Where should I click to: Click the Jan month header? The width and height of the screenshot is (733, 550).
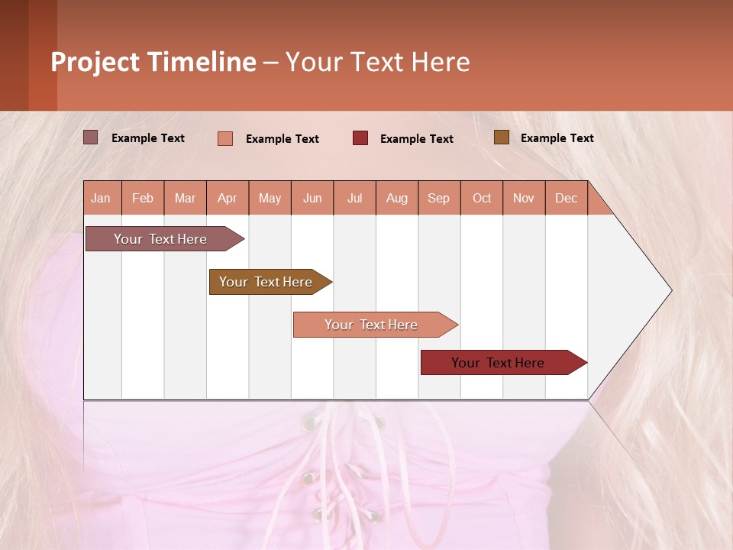(x=101, y=199)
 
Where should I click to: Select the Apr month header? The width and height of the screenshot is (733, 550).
(x=228, y=199)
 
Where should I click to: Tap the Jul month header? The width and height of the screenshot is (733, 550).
(x=355, y=199)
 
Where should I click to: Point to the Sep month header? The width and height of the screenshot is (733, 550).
(x=439, y=199)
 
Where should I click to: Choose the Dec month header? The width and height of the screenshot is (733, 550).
(x=567, y=199)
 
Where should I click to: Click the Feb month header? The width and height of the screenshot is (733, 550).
(x=143, y=199)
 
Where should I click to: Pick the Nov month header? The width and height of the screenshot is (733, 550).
(x=524, y=199)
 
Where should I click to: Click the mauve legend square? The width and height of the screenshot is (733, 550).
(x=90, y=137)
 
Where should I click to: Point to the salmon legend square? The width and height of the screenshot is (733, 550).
(x=225, y=138)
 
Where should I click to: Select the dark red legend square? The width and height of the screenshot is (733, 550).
(x=360, y=137)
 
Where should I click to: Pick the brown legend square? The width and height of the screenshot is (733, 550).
(x=501, y=137)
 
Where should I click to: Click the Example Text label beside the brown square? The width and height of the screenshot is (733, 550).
(x=557, y=138)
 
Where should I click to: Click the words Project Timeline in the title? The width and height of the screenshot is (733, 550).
(x=153, y=62)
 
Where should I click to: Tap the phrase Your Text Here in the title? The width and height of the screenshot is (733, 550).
(x=378, y=62)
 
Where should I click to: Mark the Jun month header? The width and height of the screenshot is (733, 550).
(x=312, y=199)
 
